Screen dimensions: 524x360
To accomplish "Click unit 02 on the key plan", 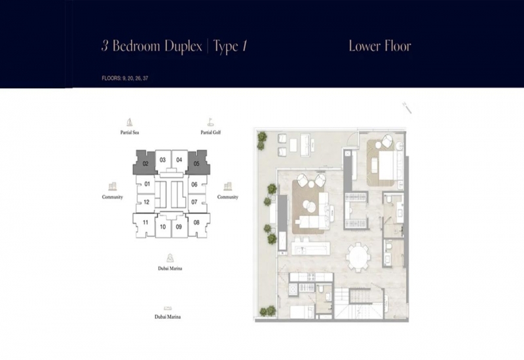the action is pos(145,163).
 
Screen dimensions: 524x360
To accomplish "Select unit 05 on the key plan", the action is pos(197,163).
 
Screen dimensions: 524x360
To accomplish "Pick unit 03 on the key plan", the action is pos(162,160).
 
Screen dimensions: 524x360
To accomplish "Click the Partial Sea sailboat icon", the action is pos(129,122).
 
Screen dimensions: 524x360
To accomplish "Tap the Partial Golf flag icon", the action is pos(210,122).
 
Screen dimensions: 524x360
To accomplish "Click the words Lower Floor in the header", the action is pos(380,46).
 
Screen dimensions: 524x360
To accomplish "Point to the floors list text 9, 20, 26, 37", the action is pos(135,78).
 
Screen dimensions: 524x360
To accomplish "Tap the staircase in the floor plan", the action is pos(358,303).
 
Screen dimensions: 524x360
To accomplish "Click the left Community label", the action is pos(112,197).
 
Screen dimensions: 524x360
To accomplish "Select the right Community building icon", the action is pos(227,187).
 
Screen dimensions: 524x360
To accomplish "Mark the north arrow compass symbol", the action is pos(407,108).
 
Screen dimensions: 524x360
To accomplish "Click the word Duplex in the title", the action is pos(183,46).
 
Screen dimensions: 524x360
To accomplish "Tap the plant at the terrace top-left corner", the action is pos(261,140).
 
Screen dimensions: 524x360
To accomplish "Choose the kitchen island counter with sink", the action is pos(310,249).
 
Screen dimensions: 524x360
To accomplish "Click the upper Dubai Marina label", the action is pos(170,268).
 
